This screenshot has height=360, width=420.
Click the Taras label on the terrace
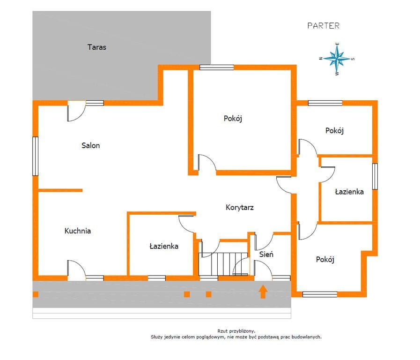tap(97, 47)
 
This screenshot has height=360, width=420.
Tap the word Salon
tap(90, 145)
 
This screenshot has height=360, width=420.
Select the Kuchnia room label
tap(77, 231)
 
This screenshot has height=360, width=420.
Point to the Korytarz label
tap(239, 208)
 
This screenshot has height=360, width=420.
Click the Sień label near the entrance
tap(266, 254)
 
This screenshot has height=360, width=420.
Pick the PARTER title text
tap(323, 26)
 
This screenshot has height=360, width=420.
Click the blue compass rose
tap(337, 59)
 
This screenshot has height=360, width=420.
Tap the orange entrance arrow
tap(263, 292)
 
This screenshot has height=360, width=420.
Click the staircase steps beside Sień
tap(223, 264)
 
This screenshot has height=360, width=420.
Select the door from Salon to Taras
tap(77, 111)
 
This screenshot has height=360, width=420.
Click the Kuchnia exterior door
tap(77, 270)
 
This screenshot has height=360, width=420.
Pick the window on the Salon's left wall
tap(36, 156)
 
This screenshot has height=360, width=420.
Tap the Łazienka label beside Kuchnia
tap(164, 246)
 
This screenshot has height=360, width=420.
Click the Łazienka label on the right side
tap(349, 192)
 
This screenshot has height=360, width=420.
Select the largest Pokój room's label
tap(233, 119)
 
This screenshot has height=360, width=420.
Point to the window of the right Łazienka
tap(375, 176)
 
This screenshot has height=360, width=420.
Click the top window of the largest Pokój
tap(217, 67)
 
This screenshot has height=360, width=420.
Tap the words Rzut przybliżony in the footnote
tap(236, 331)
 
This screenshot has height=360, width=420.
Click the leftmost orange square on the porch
tap(36, 294)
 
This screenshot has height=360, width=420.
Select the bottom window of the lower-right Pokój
tap(320, 294)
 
